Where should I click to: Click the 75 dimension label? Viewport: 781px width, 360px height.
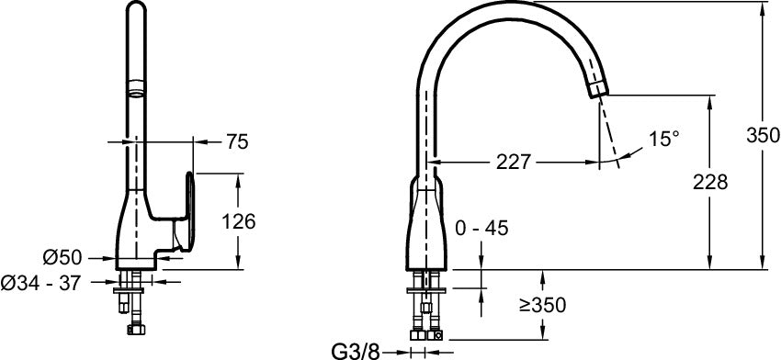click(x=236, y=141)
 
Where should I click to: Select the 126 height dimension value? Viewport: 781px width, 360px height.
click(x=239, y=220)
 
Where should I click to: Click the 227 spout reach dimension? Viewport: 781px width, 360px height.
click(x=514, y=162)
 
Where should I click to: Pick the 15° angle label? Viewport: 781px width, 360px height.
click(x=663, y=139)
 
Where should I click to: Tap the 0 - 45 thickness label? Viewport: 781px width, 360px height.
click(x=481, y=228)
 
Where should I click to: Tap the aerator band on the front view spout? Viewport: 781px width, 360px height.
click(x=135, y=89)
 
